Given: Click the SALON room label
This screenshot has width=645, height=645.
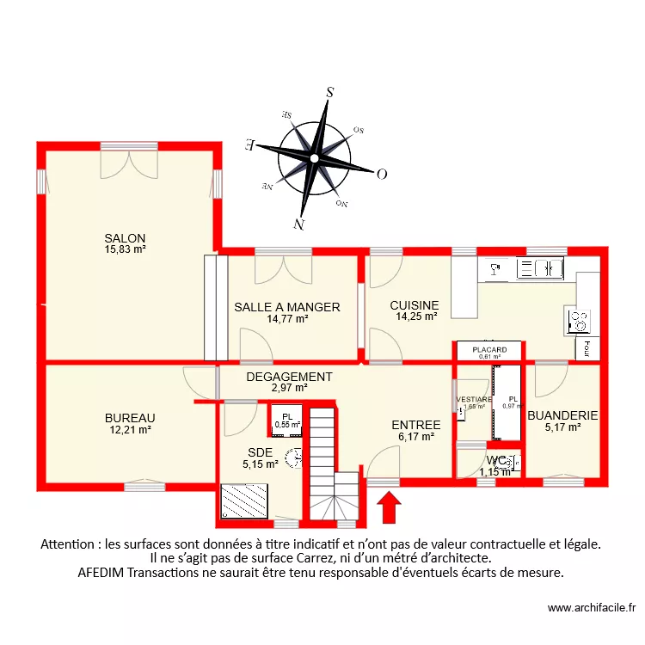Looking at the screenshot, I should (125, 238).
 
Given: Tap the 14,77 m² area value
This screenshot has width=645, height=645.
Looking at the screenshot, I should (287, 318).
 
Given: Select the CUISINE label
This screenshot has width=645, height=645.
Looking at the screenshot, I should (414, 305).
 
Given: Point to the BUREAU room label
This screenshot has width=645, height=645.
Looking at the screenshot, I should (130, 419).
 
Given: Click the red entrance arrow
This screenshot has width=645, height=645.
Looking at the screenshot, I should (389, 507).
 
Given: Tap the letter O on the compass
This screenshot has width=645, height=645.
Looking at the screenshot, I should (382, 174).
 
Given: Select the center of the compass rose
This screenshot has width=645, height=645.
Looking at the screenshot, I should (315, 158).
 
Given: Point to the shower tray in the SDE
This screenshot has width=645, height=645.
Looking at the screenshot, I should (245, 501).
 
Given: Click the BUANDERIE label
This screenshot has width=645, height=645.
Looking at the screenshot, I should (562, 415).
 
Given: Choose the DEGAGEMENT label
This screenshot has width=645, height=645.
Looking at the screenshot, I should (289, 377).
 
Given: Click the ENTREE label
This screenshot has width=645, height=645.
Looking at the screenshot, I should (415, 425).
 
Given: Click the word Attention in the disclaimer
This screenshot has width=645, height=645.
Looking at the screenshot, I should (68, 544).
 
